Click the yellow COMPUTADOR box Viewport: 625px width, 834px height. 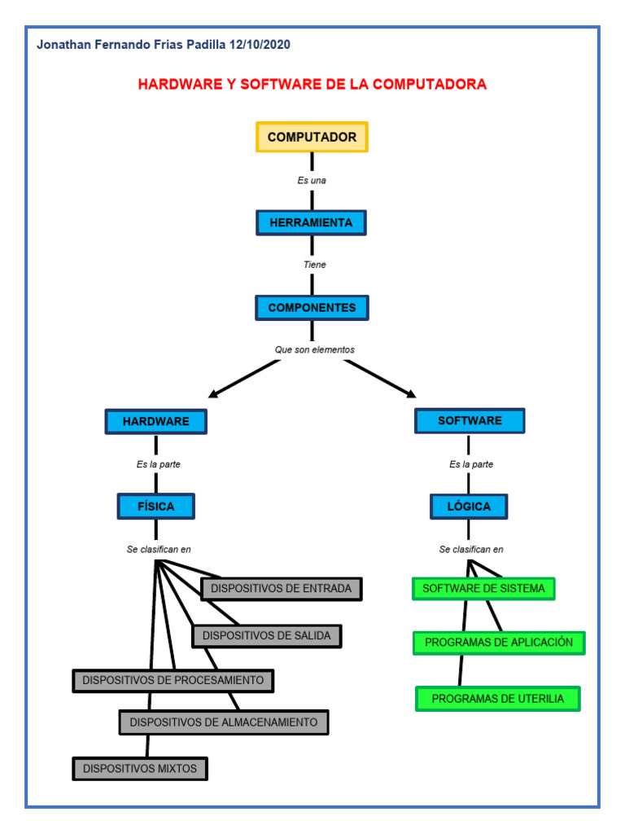312,137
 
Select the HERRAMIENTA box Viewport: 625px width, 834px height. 312,222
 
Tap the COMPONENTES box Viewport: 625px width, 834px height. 312,308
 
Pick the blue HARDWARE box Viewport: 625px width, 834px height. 155,421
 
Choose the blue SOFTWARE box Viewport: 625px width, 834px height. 470,421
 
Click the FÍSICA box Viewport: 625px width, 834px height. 155,507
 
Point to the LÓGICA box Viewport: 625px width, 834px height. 469,507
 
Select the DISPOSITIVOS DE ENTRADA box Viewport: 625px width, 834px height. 281,589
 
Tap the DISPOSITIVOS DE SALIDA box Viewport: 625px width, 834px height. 267,636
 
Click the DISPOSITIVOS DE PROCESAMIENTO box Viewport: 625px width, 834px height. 173,680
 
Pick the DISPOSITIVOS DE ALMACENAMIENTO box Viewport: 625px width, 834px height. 224,722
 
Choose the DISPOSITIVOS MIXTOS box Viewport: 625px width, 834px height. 140,768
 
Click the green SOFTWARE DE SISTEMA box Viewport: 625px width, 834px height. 483,589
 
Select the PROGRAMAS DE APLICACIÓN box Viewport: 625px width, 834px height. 499,643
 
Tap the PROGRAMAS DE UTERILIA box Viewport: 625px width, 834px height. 497,699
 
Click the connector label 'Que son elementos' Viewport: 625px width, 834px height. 314,350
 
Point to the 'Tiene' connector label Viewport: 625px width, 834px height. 314,265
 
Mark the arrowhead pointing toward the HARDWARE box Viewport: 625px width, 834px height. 213,395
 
